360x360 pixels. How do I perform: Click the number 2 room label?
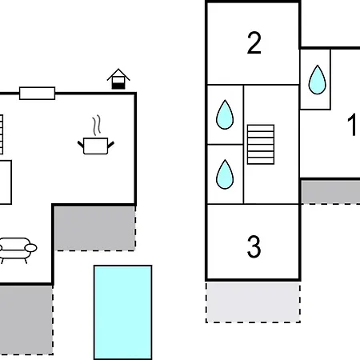pyautogui.click(x=254, y=43)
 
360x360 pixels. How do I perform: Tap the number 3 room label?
pyautogui.click(x=254, y=247)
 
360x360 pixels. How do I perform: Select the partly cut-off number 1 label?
pyautogui.click(x=352, y=126)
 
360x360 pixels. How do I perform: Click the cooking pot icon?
pyautogui.click(x=97, y=144)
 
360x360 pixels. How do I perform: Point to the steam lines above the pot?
pyautogui.click(x=97, y=125)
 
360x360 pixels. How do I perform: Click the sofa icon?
pyautogui.click(x=16, y=249)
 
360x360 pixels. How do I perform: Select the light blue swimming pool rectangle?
pyautogui.click(x=122, y=312)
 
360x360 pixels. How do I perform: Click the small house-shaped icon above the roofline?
pyautogui.click(x=118, y=79)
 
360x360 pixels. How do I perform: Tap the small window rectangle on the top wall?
pyautogui.click(x=37, y=93)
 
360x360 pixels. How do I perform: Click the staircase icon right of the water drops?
pyautogui.click(x=261, y=144)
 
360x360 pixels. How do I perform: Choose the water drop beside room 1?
pyautogui.click(x=317, y=78)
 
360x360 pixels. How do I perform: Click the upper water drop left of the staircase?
pyautogui.click(x=225, y=115)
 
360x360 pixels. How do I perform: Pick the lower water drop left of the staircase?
pyautogui.click(x=225, y=172)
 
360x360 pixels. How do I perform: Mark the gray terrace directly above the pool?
pyautogui.click(x=94, y=227)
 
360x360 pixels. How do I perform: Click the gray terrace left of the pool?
pyautogui.click(x=26, y=318)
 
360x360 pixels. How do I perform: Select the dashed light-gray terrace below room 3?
pyautogui.click(x=253, y=301)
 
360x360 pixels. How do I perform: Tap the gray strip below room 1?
pyautogui.click(x=330, y=191)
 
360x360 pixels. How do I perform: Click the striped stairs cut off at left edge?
pyautogui.click(x=2, y=134)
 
